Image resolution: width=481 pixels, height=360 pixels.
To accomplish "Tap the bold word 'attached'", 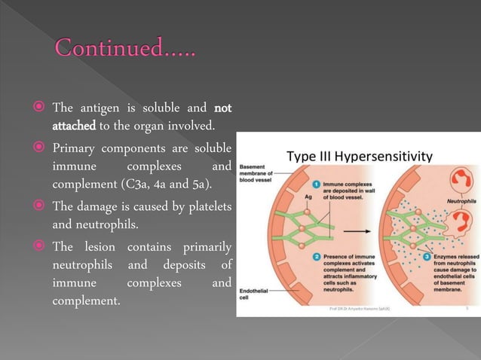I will pos(71,124).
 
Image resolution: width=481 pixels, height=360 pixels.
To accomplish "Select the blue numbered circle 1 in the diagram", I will pos(318,184).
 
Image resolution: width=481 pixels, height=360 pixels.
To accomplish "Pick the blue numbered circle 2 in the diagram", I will pos(318,258).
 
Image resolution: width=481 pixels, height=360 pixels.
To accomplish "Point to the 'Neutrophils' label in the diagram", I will pos(461,202).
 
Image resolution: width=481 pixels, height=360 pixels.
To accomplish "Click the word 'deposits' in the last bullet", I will pos(192,266).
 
